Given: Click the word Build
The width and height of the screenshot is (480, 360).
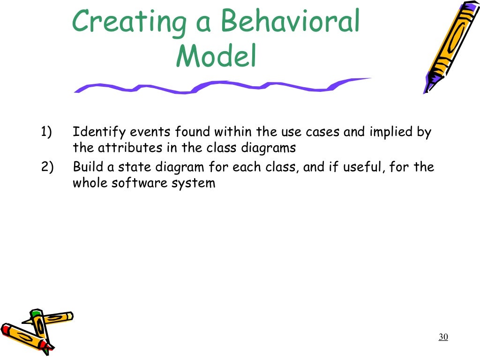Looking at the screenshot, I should point(89,167).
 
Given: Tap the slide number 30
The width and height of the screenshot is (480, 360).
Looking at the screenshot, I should point(443,337).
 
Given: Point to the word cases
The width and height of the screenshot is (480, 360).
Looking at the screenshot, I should point(323,133).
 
